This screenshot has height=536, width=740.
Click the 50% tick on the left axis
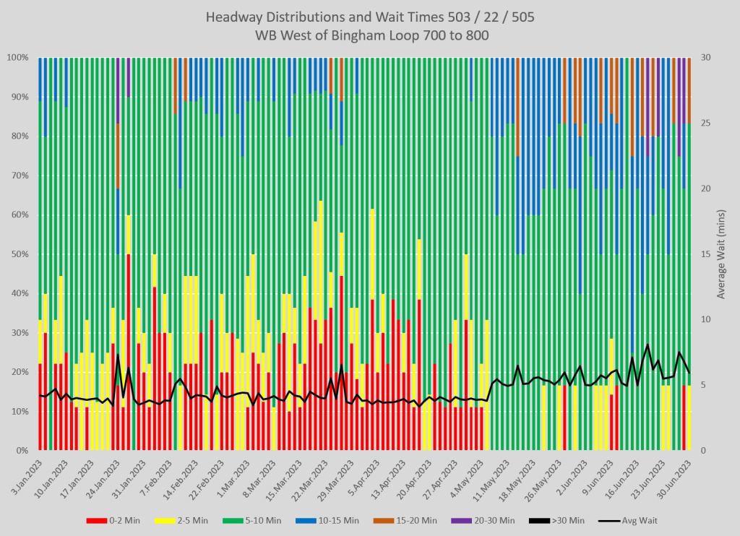click(x=18, y=254)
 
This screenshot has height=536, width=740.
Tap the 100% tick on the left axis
click(x=17, y=57)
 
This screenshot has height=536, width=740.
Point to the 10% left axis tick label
click(x=18, y=412)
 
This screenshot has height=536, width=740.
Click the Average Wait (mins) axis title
click(x=721, y=254)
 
